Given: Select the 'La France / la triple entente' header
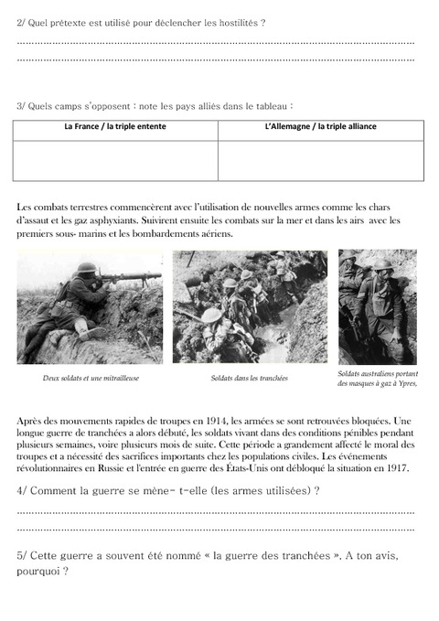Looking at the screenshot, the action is (x=115, y=126).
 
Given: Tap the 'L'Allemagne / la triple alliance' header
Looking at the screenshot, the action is (x=320, y=126).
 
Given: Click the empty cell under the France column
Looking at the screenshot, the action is (x=115, y=160).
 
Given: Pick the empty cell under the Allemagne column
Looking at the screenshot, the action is (x=320, y=160).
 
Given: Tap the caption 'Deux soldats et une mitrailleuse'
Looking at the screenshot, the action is (x=91, y=378).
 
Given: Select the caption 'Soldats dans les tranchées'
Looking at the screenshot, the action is (x=249, y=378).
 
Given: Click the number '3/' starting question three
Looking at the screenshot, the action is (x=22, y=105).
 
